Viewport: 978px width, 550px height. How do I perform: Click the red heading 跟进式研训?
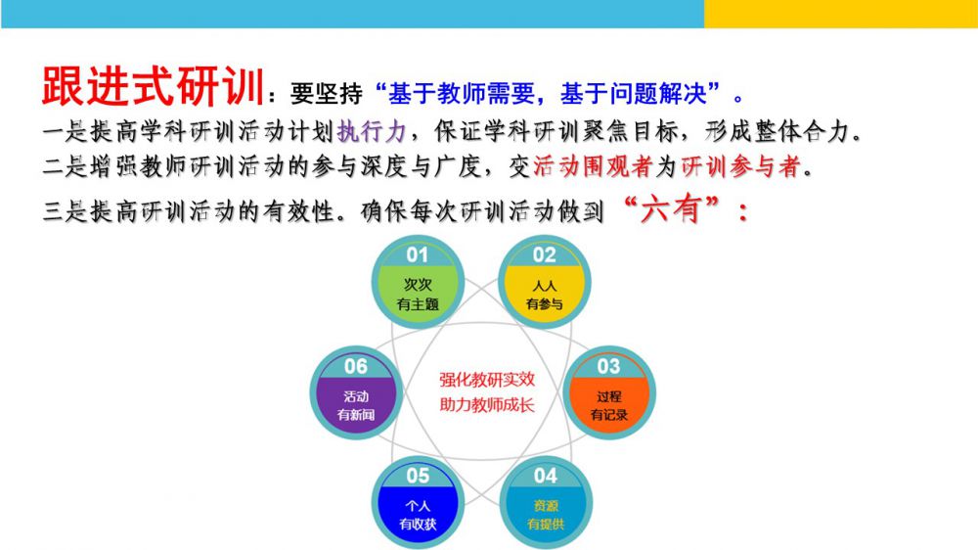(154, 86)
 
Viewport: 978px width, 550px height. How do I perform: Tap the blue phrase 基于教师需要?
(462, 94)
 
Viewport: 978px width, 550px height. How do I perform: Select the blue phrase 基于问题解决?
(634, 94)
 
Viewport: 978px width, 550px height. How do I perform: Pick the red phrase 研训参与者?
(741, 166)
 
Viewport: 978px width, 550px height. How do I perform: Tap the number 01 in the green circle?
(418, 254)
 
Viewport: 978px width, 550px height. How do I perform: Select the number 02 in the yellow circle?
(544, 254)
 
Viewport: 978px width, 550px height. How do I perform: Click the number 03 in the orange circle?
(608, 366)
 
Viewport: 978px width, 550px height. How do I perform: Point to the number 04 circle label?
(545, 476)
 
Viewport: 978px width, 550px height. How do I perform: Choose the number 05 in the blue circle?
(418, 476)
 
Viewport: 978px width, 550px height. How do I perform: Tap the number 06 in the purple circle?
(356, 366)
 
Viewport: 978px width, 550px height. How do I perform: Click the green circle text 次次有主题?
(418, 295)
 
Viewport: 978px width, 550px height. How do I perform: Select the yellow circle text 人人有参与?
(545, 295)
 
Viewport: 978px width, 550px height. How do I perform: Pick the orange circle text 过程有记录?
(608, 405)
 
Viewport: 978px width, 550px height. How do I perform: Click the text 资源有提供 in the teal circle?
(546, 515)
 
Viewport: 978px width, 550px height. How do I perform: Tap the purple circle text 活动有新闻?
(356, 405)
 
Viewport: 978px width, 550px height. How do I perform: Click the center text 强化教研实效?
(487, 380)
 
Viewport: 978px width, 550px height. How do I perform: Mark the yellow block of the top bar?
(841, 14)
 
